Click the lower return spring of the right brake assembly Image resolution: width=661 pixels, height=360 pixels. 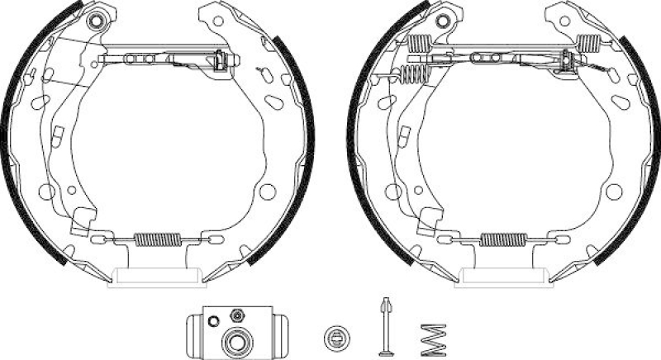click(x=502, y=240)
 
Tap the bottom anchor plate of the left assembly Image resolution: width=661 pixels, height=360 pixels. click(x=158, y=277)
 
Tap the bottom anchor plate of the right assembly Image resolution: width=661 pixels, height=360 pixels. click(x=502, y=277)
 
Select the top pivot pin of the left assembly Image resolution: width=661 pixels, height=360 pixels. click(x=98, y=20)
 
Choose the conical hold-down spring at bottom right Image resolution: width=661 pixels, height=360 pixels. click(x=431, y=335)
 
